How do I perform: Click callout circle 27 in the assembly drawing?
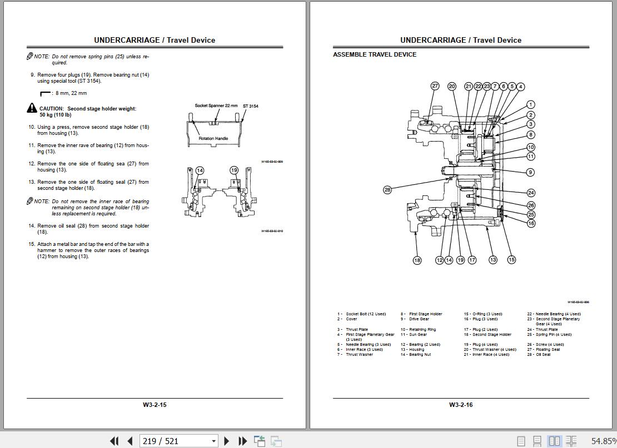tap(435, 86)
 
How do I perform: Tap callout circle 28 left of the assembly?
tap(387, 190)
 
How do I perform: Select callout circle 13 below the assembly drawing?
tap(492, 260)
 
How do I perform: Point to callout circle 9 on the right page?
tap(530, 172)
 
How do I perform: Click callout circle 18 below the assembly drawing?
tap(417, 260)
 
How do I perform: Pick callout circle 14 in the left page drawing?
tap(200, 170)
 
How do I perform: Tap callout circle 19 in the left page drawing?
tap(234, 170)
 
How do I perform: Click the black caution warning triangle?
tap(32, 108)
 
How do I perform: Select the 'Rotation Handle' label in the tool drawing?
tap(213, 138)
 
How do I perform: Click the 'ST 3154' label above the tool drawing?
tap(250, 106)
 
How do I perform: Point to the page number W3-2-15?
tap(155, 405)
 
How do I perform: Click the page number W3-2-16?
tap(461, 405)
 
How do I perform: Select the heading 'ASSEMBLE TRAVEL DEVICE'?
tap(375, 54)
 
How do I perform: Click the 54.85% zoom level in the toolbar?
tap(603, 441)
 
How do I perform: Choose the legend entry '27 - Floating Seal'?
tap(543, 350)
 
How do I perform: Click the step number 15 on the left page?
tap(32, 244)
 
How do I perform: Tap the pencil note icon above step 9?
tap(30, 57)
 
